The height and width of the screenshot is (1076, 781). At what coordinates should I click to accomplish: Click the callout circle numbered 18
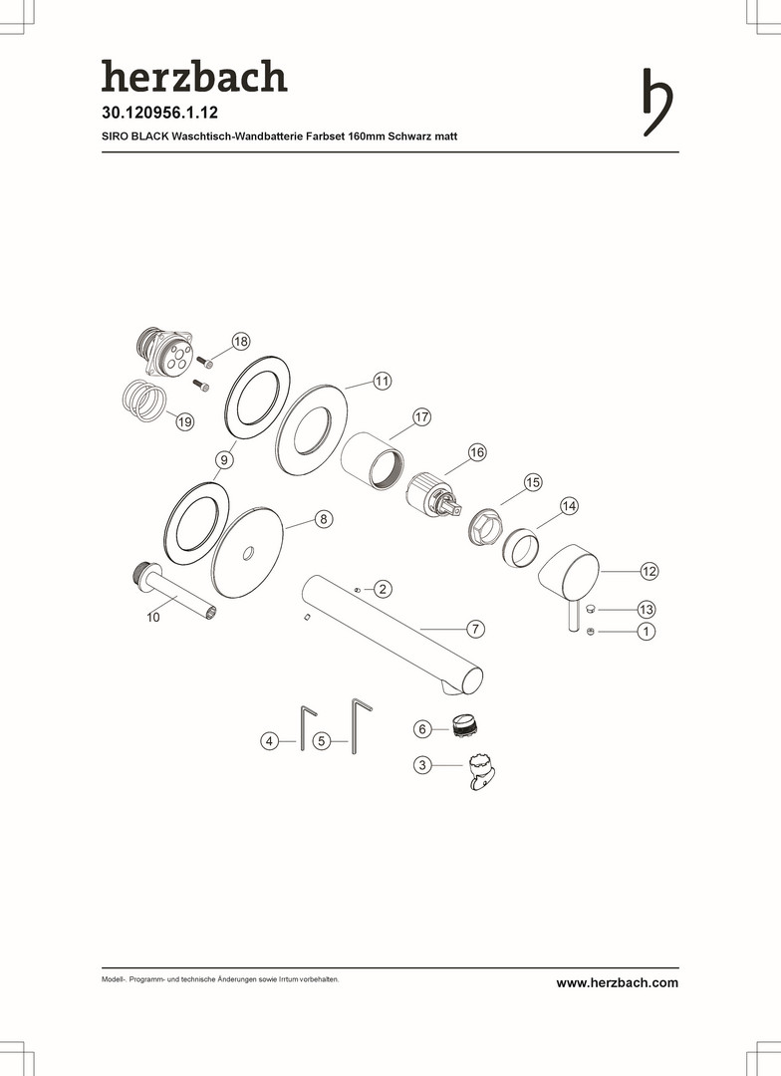pyautogui.click(x=240, y=341)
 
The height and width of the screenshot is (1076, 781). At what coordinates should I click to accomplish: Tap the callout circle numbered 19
pyautogui.click(x=184, y=421)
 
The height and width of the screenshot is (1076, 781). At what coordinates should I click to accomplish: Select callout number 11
pyautogui.click(x=382, y=381)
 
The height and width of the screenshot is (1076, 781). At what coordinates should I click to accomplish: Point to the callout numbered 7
pyautogui.click(x=475, y=629)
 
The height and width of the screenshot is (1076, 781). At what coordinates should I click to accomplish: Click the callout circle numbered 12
pyautogui.click(x=649, y=571)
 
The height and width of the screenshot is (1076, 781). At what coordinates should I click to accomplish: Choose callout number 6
pyautogui.click(x=422, y=728)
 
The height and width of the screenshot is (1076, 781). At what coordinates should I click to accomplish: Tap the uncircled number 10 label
pyautogui.click(x=153, y=618)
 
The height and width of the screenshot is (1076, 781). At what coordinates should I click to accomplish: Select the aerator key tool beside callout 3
pyautogui.click(x=481, y=772)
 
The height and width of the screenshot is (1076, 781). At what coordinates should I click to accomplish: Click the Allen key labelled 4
pyautogui.click(x=303, y=727)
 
